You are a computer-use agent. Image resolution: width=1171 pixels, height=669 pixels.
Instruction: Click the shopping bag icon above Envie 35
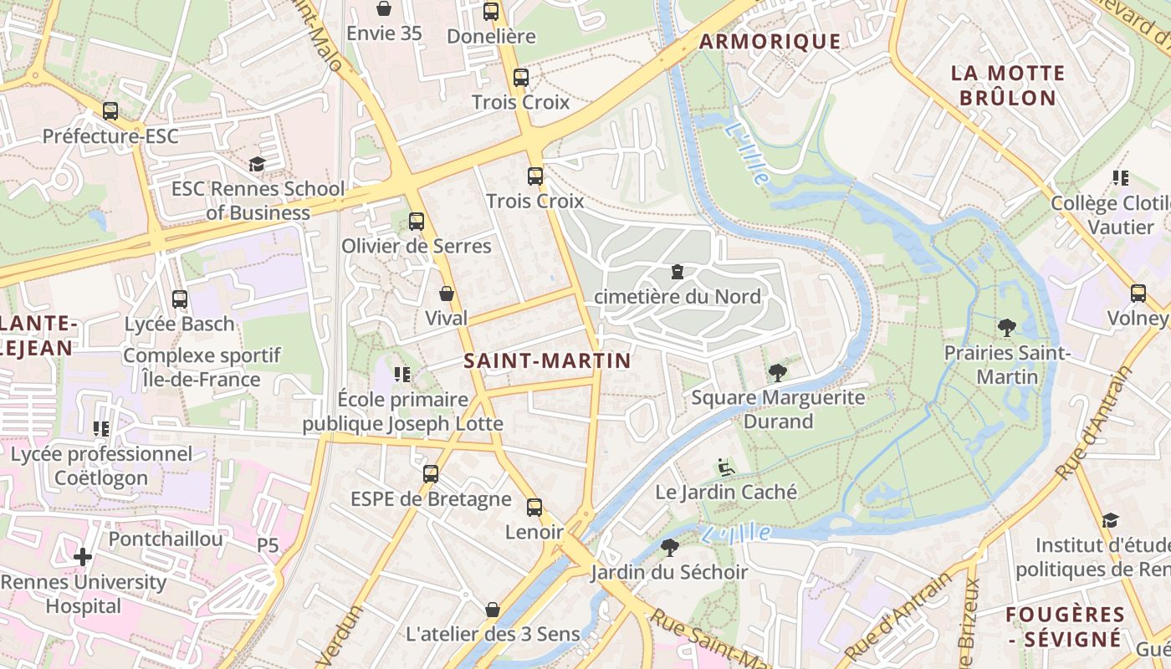pos(384,8)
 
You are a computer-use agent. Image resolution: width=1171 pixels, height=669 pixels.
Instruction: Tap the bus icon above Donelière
pos(491,12)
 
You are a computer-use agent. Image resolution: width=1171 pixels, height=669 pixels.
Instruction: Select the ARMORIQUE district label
pos(770,41)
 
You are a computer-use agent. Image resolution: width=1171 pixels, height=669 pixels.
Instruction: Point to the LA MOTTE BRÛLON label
pos(1007,85)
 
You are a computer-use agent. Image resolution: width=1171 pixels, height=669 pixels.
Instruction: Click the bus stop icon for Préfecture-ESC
pos(110,111)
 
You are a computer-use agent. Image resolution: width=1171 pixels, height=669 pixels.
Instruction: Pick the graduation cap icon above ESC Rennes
pos(257,164)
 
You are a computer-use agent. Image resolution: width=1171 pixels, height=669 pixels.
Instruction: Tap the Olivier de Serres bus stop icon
pos(417,222)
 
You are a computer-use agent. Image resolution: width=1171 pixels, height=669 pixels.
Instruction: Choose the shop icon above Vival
pos(447,294)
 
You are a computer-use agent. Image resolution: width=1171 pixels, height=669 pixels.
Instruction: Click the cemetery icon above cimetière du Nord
pos(677,272)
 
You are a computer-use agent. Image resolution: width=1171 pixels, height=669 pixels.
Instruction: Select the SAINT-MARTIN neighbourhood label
pos(547,360)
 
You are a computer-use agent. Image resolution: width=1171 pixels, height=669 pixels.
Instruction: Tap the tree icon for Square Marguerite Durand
pos(778,372)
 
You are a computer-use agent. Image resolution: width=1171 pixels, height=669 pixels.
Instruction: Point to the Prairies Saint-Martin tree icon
pos(1006,328)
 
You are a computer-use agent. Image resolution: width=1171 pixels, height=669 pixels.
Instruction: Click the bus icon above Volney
pos(1138,294)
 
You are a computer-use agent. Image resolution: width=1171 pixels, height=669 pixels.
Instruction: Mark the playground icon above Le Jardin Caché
pos(726,467)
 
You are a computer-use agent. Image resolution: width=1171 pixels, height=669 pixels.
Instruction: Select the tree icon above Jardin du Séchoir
pos(669,548)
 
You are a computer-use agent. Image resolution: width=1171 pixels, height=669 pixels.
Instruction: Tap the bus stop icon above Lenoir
pos(534,508)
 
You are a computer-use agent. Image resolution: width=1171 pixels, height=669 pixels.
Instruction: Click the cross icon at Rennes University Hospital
pos(83,556)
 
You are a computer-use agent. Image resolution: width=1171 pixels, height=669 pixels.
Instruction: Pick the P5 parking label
pos(268,545)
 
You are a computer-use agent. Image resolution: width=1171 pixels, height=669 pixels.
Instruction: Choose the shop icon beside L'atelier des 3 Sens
pos(493,610)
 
